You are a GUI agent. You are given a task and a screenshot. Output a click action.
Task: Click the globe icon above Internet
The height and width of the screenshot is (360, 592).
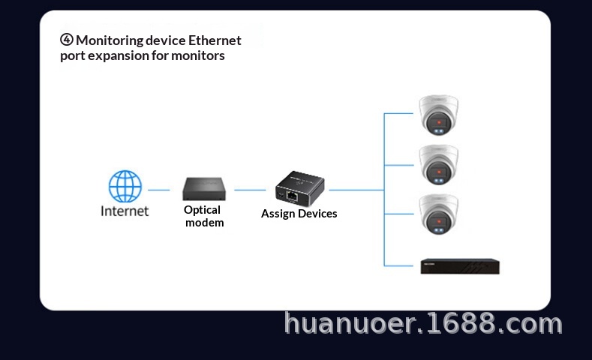click(x=125, y=186)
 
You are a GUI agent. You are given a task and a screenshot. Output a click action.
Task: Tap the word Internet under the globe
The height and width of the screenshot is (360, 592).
click(x=125, y=211)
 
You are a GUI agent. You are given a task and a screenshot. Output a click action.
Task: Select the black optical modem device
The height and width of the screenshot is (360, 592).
click(x=203, y=188)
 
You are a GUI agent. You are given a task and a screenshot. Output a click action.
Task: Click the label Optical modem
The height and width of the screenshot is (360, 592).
click(x=203, y=216)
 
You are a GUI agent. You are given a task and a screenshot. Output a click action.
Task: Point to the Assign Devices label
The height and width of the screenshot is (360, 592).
click(x=299, y=214)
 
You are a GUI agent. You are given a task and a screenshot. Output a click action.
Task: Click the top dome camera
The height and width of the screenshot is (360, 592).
click(x=438, y=115)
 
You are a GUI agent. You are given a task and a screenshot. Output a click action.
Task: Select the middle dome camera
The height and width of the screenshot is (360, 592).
click(x=438, y=163)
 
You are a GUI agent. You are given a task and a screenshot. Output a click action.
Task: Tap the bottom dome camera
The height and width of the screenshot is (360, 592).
click(x=438, y=214)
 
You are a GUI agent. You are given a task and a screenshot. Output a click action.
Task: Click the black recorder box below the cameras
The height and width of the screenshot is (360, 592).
click(x=459, y=265)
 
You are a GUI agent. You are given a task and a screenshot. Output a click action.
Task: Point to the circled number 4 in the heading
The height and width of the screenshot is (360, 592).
click(x=67, y=40)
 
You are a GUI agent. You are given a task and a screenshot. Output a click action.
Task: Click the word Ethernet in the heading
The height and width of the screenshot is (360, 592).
click(x=215, y=40)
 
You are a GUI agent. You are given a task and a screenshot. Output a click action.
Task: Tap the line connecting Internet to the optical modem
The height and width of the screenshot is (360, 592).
click(x=158, y=190)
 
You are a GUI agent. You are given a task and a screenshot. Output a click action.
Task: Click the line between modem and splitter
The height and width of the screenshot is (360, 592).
click(x=250, y=190)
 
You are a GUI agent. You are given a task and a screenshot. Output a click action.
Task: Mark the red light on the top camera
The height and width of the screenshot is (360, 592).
click(x=439, y=121)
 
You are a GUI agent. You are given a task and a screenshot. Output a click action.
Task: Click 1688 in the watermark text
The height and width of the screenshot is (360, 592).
click(x=465, y=323)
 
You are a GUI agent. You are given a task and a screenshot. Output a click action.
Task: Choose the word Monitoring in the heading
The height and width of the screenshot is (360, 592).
click(x=110, y=40)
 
